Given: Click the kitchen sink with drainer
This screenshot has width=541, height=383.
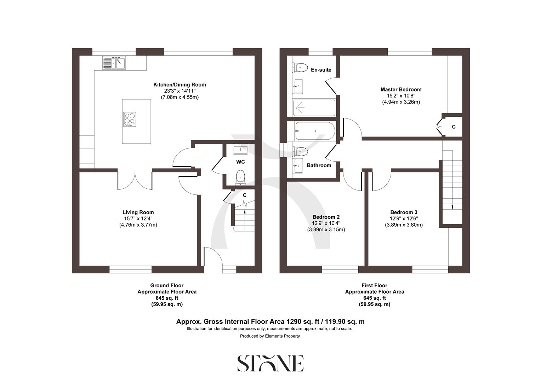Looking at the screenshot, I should click(x=114, y=63).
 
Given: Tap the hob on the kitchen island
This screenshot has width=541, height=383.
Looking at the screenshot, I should click(x=130, y=119).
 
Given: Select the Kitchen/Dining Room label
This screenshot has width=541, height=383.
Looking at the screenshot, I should click(x=180, y=85).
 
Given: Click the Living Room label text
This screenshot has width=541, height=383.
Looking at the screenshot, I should click(x=138, y=212).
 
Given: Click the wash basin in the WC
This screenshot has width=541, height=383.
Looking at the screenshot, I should click(x=241, y=149).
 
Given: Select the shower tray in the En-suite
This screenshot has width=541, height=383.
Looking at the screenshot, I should click(x=314, y=107).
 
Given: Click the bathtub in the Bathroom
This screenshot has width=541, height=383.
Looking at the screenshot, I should click(x=315, y=131).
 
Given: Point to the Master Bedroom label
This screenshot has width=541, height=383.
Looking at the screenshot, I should click(x=401, y=89).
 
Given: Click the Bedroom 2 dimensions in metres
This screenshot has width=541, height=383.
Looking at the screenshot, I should click(x=326, y=229).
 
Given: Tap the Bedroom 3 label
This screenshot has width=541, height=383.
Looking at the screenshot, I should click(x=404, y=212).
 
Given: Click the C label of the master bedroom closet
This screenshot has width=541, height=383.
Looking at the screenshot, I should click(x=454, y=127).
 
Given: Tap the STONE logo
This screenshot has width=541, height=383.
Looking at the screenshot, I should click(x=270, y=363).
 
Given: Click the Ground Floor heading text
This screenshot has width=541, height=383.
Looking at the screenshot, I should click(x=167, y=285).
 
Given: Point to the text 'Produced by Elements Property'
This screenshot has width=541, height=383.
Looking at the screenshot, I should click(x=270, y=336).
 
